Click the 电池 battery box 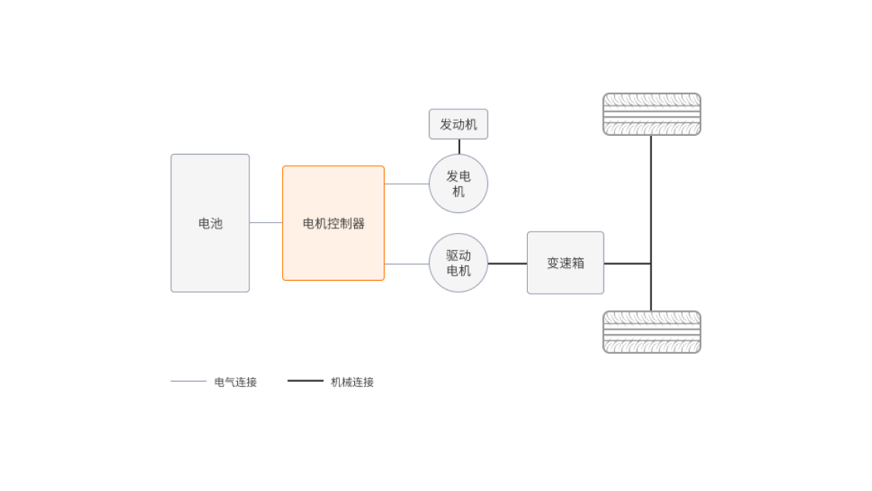(x=210, y=223)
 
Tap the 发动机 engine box (x=458, y=124)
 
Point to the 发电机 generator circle (x=458, y=184)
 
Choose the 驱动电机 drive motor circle (x=458, y=263)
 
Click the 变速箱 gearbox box (x=565, y=263)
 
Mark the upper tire (x=651, y=114)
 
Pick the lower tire (x=651, y=332)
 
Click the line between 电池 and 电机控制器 (x=266, y=222)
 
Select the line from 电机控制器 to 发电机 (x=406, y=184)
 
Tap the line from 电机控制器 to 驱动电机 (x=406, y=264)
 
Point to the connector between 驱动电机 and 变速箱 (x=507, y=263)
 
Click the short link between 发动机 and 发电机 (x=459, y=146)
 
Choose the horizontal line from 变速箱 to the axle (x=627, y=263)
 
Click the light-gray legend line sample (x=189, y=381)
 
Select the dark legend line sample (x=306, y=381)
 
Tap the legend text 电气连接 (x=236, y=382)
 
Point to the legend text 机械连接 (x=353, y=382)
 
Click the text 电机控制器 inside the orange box (x=334, y=224)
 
